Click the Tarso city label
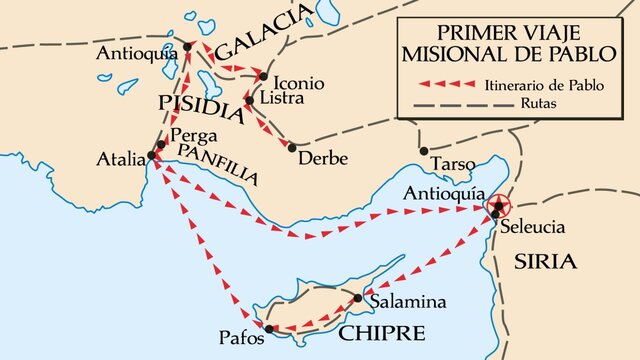(x=447, y=163)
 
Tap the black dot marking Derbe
(x=291, y=147)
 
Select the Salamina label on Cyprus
(x=406, y=301)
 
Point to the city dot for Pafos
(x=268, y=328)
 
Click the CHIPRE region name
(x=381, y=332)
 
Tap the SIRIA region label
(x=545, y=262)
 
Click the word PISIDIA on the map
(x=201, y=104)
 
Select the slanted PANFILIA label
(x=217, y=164)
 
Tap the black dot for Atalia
(x=152, y=156)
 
